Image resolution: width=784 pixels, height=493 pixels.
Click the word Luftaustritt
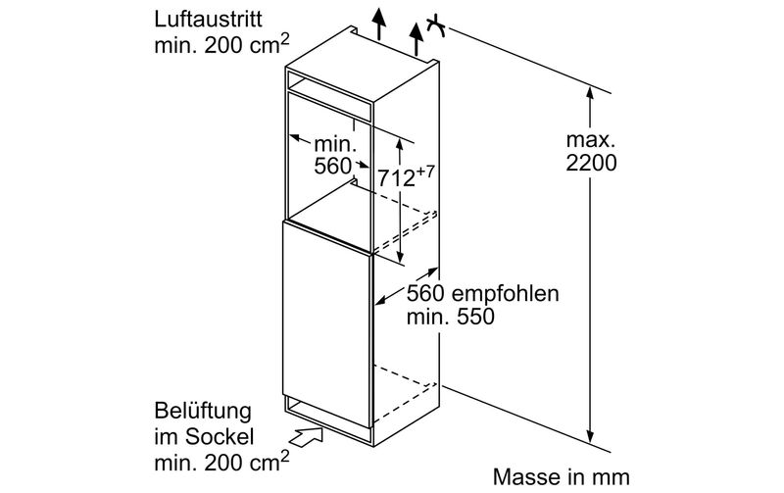(x=208, y=20)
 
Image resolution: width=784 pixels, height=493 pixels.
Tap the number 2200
(x=591, y=163)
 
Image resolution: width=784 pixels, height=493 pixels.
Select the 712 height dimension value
(x=397, y=177)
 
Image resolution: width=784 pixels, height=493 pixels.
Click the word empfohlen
(x=505, y=294)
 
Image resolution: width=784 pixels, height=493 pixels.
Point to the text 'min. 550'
(x=450, y=317)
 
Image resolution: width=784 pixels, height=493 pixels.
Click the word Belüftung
(x=203, y=411)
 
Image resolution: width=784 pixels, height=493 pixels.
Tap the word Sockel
(x=219, y=437)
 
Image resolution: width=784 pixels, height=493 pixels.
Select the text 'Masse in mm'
(x=561, y=477)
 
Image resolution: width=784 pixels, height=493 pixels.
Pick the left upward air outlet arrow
(x=380, y=24)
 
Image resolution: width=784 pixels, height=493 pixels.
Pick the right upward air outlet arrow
(x=416, y=39)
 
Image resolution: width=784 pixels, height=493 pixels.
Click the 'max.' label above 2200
(x=590, y=140)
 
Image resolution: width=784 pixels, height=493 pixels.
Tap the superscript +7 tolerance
(x=425, y=173)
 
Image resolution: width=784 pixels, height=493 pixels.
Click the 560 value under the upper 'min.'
(x=332, y=166)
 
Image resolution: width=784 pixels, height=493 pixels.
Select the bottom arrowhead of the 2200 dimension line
(x=591, y=435)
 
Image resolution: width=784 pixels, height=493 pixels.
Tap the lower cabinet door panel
(x=327, y=325)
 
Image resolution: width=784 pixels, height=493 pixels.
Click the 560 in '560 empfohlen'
(x=425, y=294)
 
